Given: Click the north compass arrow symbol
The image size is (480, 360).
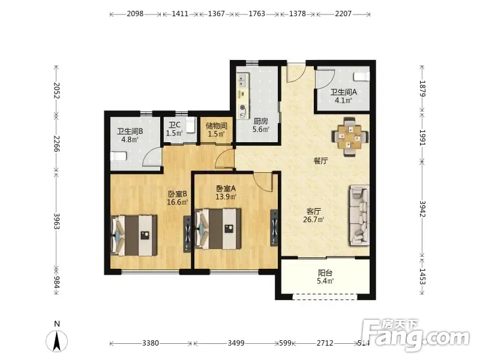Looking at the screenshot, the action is click(x=56, y=341).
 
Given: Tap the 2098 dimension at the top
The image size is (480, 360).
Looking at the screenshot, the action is click(x=135, y=14).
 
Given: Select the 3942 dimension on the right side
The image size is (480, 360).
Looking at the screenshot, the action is click(x=422, y=209).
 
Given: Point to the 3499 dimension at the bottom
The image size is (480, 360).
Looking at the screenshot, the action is click(x=236, y=343).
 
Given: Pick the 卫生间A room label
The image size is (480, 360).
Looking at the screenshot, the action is click(x=343, y=92).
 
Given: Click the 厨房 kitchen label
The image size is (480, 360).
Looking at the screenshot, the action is click(x=260, y=121).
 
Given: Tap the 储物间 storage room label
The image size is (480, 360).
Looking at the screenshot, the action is click(x=217, y=125).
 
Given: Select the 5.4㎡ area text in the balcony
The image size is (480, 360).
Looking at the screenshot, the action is click(x=325, y=281).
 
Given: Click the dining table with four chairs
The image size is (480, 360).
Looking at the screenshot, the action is click(x=350, y=137).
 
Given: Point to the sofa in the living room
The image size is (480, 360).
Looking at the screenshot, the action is click(x=359, y=215).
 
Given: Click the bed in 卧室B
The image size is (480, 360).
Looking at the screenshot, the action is click(x=134, y=235).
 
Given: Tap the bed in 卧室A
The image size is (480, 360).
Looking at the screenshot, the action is click(x=218, y=229).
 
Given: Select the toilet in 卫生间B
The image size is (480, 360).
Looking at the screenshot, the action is click(x=118, y=157).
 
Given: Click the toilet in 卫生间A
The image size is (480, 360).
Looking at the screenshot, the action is click(x=362, y=77).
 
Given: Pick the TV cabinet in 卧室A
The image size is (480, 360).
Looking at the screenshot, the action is click(x=274, y=228).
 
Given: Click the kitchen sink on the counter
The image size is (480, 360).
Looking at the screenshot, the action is click(x=243, y=80).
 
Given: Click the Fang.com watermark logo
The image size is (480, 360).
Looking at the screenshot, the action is click(x=415, y=335).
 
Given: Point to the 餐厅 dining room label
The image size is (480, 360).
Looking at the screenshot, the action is click(x=320, y=161).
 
